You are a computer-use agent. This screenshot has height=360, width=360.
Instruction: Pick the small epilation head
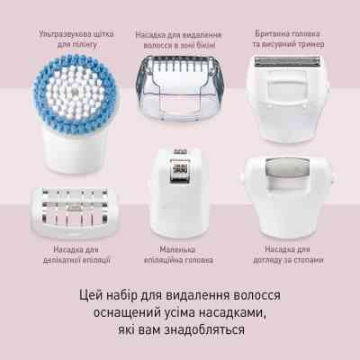click(x=181, y=180)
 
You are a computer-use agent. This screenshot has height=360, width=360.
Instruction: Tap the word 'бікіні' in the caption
click(x=216, y=43)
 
